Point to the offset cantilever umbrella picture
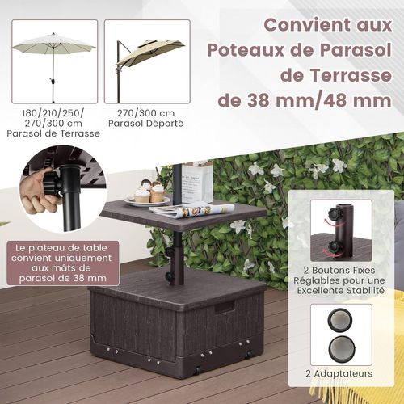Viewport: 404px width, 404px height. [149, 61]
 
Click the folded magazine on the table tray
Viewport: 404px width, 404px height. [192, 211]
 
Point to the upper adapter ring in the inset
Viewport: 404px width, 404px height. [340, 322]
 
